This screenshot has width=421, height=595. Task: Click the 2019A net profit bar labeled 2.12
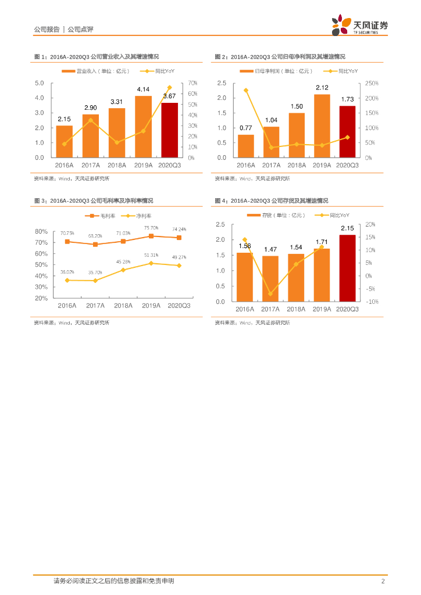322,126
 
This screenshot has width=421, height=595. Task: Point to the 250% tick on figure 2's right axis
372,83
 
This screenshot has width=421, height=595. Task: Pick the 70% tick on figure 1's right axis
192,83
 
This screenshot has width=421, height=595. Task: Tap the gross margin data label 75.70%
151,228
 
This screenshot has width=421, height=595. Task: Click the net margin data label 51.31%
151,255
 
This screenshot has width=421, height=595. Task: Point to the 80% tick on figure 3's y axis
41,231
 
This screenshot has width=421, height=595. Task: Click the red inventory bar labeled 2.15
347,268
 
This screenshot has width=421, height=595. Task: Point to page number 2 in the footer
383,581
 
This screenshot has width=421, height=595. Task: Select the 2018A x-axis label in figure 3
123,306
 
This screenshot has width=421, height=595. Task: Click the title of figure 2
280,57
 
